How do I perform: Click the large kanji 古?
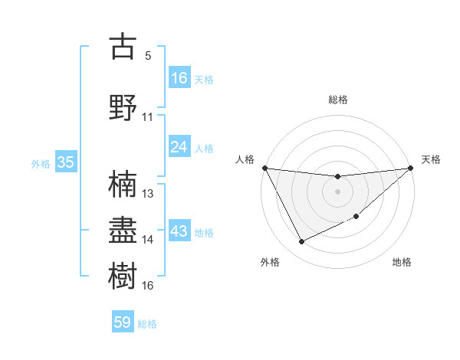pyautogui.click(x=123, y=47)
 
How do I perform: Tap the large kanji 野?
pyautogui.click(x=123, y=107)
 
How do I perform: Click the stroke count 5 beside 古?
pyautogui.click(x=148, y=56)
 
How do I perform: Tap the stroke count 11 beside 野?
pyautogui.click(x=148, y=117)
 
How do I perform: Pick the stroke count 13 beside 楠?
pyautogui.click(x=148, y=194)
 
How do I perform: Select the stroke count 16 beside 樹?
pyautogui.click(x=148, y=286)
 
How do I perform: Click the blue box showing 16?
pyautogui.click(x=179, y=78)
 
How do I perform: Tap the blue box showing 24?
pyautogui.click(x=179, y=147)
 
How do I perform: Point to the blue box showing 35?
pyautogui.click(x=65, y=162)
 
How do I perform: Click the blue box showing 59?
pyautogui.click(x=123, y=322)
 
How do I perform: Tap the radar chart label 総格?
pyautogui.click(x=338, y=100)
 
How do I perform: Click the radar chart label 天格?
pyautogui.click(x=431, y=159)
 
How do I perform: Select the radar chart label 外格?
pyautogui.click(x=270, y=262)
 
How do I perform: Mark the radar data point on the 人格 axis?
pyautogui.click(x=265, y=168)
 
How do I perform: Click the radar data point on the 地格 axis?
pyautogui.click(x=357, y=216)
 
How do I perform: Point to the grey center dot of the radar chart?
pyautogui.click(x=338, y=191)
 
